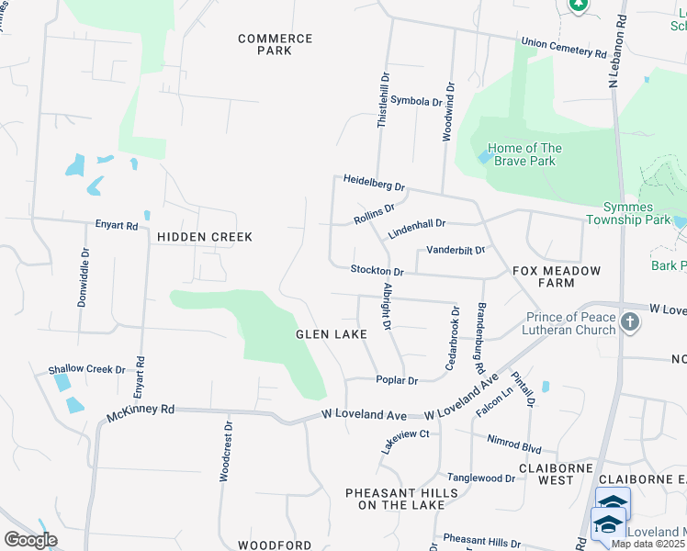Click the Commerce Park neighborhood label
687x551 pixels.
(275, 44)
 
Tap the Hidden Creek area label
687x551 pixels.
(204, 237)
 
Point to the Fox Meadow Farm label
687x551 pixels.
(556, 276)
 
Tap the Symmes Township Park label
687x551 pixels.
(637, 214)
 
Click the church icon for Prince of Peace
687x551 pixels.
(629, 322)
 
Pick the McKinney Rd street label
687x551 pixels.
(141, 410)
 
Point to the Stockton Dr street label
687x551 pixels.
(377, 271)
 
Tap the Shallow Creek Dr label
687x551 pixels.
(86, 369)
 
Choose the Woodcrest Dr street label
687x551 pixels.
(225, 451)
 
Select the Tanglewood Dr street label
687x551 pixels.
(481, 478)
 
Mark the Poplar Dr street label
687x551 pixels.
(397, 380)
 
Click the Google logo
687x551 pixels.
(30, 539)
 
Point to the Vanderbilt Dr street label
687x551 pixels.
(454, 250)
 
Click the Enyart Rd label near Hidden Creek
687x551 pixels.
(117, 225)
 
